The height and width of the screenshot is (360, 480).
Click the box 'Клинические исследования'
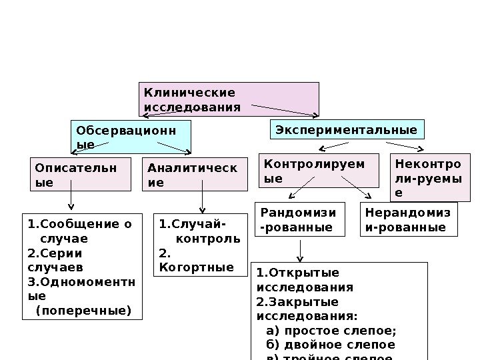(x=229, y=99)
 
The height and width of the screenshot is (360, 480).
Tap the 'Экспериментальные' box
(x=347, y=129)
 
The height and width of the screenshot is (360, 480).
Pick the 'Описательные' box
(x=81, y=174)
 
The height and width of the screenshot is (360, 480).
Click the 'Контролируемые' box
(x=318, y=171)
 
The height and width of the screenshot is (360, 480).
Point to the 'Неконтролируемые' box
(x=430, y=177)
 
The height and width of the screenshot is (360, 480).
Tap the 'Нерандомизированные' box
(x=409, y=220)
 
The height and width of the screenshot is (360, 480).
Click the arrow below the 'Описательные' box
(x=71, y=200)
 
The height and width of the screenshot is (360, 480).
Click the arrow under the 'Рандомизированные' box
(x=301, y=250)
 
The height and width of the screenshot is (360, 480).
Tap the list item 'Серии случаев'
(x=57, y=260)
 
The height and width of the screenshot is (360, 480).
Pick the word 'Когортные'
(x=197, y=267)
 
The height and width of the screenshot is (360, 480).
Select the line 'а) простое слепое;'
(x=331, y=331)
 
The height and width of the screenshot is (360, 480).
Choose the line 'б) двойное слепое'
(x=330, y=345)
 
